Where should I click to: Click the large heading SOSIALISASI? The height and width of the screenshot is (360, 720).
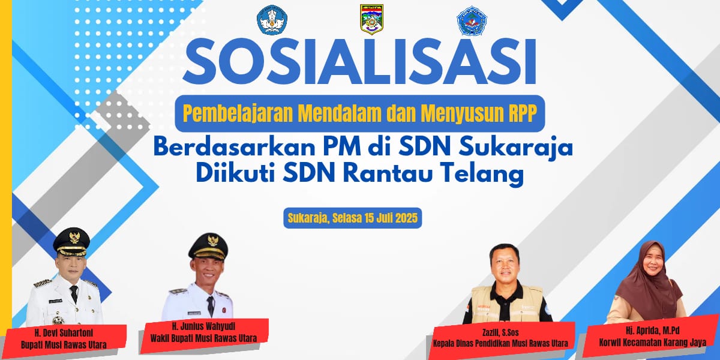click(359, 61)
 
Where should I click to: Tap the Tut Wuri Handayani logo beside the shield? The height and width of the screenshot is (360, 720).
click(272, 20)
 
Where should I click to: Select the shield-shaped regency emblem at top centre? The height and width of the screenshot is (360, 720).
click(371, 19)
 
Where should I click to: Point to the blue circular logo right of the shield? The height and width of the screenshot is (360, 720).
click(472, 20)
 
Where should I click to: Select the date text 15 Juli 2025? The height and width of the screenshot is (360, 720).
click(391, 218)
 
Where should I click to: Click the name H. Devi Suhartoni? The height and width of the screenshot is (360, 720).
click(64, 332)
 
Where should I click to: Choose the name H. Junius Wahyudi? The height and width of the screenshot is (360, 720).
click(203, 326)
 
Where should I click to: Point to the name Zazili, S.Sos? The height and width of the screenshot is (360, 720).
click(500, 332)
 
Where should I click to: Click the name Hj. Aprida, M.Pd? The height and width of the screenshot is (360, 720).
click(653, 331)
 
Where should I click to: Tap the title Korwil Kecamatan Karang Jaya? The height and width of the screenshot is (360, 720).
click(653, 343)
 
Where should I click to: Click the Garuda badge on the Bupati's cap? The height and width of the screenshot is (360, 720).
click(74, 236)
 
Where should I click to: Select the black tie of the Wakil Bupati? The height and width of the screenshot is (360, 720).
click(211, 306)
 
